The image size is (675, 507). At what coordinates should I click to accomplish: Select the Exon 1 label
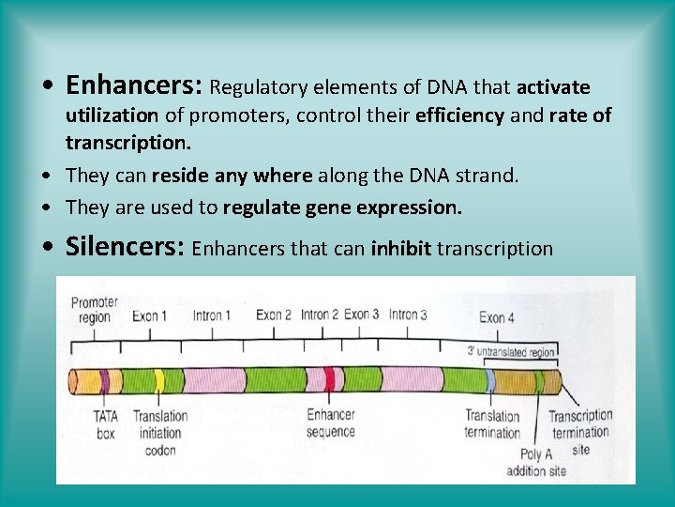point(150,315)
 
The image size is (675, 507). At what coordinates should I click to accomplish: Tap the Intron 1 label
point(212,315)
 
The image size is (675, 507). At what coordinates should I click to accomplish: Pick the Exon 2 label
point(274,315)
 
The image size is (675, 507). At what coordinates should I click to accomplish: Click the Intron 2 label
point(320,315)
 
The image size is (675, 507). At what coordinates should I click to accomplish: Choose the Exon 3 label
point(362,314)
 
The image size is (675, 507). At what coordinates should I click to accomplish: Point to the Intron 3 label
point(408,314)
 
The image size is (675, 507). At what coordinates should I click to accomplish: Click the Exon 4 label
point(497,317)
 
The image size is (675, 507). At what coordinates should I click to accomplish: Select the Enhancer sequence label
point(331,423)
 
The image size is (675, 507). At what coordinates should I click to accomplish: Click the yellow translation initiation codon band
point(159,381)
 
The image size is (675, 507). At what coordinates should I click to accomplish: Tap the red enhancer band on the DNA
point(329,380)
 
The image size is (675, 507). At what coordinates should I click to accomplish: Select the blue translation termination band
point(490,381)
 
